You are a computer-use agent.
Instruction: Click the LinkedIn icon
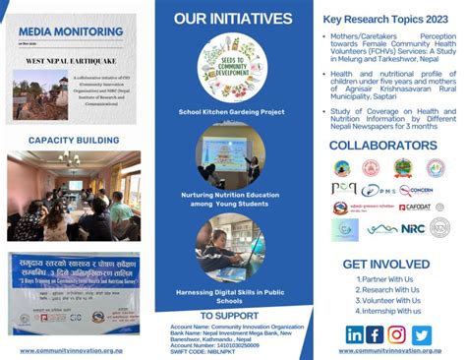tap(355, 334)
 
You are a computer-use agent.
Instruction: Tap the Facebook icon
tap(377, 334)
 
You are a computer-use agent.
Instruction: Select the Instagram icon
tap(398, 334)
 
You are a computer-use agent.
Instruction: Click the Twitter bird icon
tap(421, 334)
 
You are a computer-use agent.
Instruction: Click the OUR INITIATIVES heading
tap(232, 19)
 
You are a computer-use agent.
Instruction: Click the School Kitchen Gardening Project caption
tap(232, 112)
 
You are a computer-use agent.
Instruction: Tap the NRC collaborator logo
tap(412, 229)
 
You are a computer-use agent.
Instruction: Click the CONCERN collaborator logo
tap(416, 190)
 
